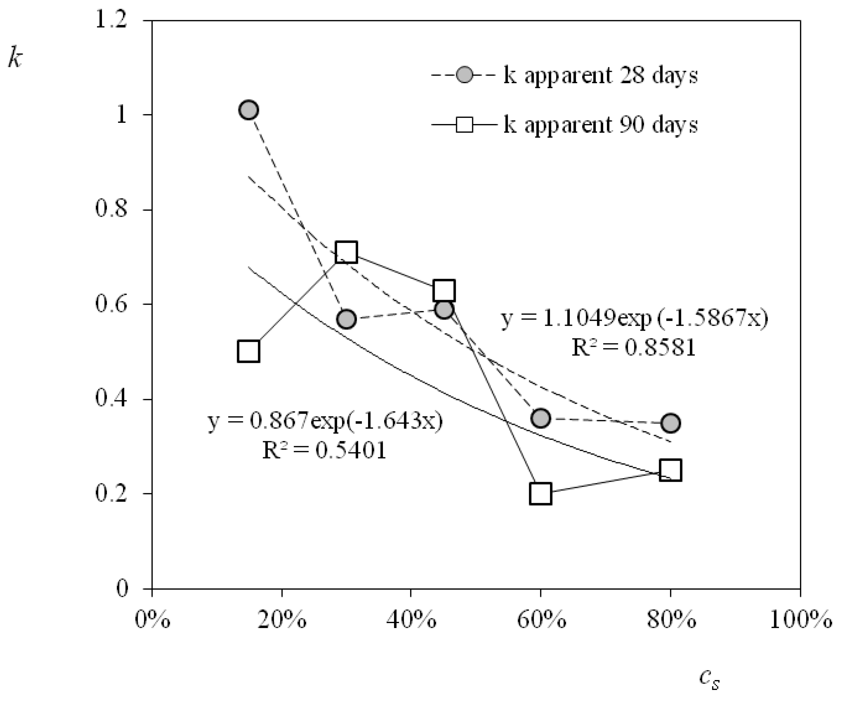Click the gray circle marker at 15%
point(248,110)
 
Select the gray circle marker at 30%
point(346,319)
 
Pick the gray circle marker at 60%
point(540,418)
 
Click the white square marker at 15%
point(248,351)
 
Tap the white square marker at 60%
point(540,493)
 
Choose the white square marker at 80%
point(670,470)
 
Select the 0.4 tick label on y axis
point(110,398)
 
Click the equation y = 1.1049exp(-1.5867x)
point(634,319)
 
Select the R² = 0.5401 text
point(324,450)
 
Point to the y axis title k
point(15,59)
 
